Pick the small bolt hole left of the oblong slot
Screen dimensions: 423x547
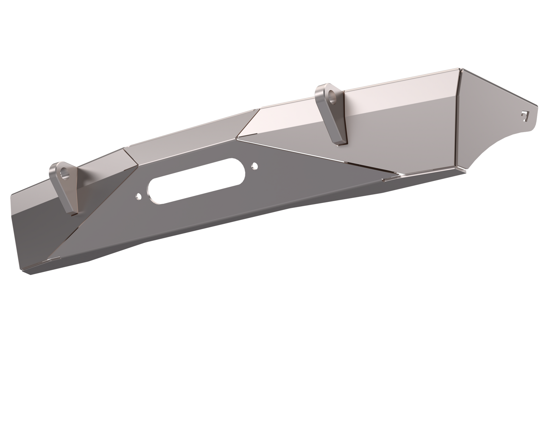(x=138, y=196)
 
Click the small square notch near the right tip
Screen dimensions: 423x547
(x=524, y=115)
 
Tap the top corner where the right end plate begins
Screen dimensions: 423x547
(x=460, y=69)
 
